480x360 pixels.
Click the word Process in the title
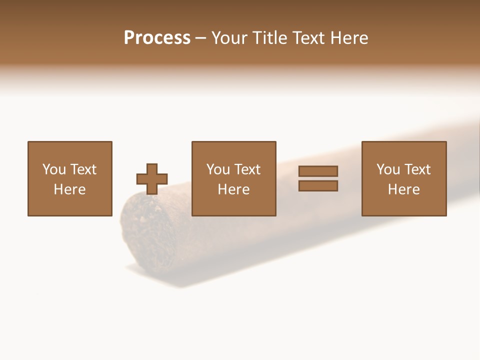pos(157,38)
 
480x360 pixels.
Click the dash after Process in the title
pos(201,38)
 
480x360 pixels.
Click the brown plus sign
pos(152,179)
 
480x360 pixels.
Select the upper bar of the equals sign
pos(318,171)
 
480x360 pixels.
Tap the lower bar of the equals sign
pos(318,186)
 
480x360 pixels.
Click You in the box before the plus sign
pos(53,169)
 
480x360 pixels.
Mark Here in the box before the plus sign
pos(69,189)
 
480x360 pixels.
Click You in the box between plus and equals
pos(217,169)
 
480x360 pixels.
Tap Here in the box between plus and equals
pos(233,189)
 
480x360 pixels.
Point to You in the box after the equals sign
pos(387,169)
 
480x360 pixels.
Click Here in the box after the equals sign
pos(403,189)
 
